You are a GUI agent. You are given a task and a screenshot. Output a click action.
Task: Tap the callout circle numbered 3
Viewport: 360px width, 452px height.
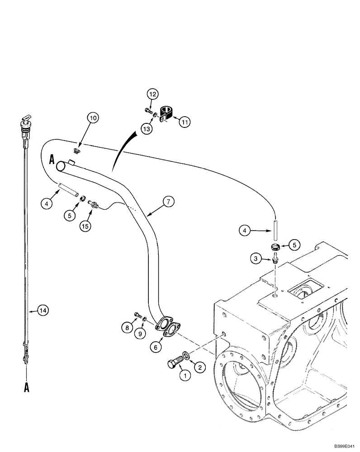(257, 259)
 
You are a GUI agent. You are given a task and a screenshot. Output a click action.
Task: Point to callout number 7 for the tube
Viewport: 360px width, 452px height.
(167, 202)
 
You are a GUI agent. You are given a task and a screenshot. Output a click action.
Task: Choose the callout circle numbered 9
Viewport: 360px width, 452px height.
(141, 333)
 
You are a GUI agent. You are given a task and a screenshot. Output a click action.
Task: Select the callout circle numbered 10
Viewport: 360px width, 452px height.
(93, 119)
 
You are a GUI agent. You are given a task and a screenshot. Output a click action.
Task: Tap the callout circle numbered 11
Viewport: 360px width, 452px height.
(185, 121)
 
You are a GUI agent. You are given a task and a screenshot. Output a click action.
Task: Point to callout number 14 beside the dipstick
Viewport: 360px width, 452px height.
(43, 311)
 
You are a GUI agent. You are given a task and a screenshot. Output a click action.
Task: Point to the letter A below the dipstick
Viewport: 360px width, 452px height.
(26, 386)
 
